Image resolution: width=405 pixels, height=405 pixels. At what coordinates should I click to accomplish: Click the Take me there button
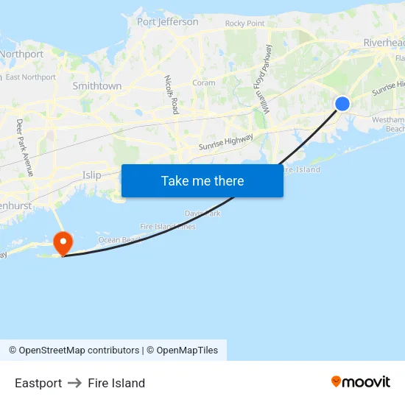coord(202,180)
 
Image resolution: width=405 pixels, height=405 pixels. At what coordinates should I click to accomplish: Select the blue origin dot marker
coord(342,104)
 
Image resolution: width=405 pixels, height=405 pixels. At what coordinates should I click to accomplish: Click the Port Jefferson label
coord(168,22)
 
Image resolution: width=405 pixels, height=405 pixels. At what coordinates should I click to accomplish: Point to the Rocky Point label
coord(244,24)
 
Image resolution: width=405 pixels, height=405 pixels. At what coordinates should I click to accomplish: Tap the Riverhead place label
coord(383,43)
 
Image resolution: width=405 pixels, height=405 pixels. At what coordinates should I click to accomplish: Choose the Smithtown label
coord(97,86)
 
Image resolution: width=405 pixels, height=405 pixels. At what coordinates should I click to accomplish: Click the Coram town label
coord(204,83)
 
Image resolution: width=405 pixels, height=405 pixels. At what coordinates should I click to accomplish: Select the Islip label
coord(92,175)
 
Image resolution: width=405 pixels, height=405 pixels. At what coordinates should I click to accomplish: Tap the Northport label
coord(21,54)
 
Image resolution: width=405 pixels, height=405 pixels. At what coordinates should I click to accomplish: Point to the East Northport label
coord(31,77)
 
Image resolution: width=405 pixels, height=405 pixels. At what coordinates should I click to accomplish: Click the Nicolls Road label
coord(172,94)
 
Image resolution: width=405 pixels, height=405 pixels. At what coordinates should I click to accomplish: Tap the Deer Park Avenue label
coord(25,147)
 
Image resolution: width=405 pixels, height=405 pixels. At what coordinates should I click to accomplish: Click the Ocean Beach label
coord(120,240)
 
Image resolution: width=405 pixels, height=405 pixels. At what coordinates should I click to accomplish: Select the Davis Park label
coord(202,213)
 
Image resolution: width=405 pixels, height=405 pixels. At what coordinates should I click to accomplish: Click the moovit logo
coord(361,381)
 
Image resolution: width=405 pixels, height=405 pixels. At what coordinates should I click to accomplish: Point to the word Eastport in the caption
coord(38,383)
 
